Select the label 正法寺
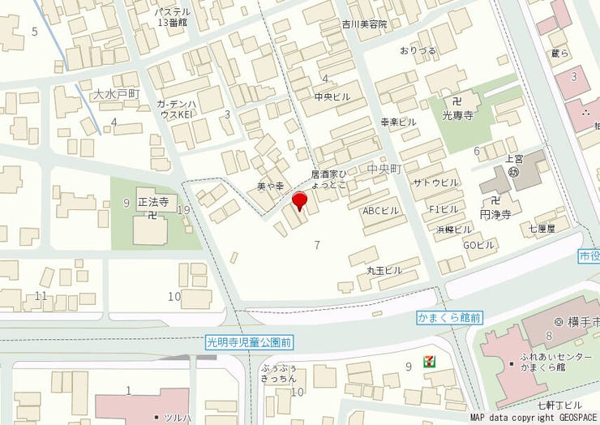point(152,201)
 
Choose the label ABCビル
point(380,210)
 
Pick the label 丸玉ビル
point(384,269)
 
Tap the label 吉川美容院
point(364,24)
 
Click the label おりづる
point(418,50)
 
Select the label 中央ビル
point(332,97)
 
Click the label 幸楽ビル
point(398,121)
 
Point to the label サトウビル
point(435,182)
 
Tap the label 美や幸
point(270,186)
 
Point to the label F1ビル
point(442,209)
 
